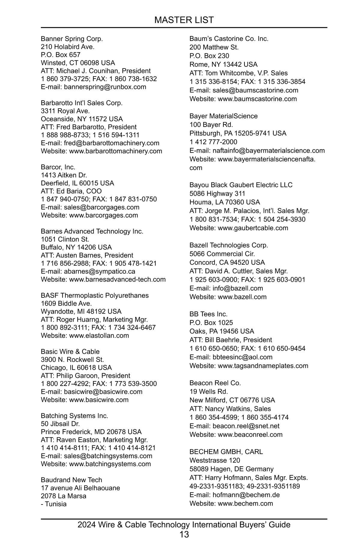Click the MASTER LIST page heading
click(184, 20)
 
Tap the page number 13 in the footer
click(184, 534)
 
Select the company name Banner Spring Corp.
click(72, 39)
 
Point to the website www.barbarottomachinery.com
click(115, 151)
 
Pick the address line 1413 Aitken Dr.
click(64, 175)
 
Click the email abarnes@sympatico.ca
click(99, 271)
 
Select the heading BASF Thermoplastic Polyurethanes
click(95, 295)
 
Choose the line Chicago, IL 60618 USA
click(76, 368)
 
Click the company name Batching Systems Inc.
click(74, 416)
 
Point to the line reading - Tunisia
click(54, 504)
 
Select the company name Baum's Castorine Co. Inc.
click(229, 39)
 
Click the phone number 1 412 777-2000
click(213, 142)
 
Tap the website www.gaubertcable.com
click(253, 228)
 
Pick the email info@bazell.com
click(238, 288)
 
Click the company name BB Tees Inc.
click(208, 314)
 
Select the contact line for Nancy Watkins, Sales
click(230, 409)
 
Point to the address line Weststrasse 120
click(215, 460)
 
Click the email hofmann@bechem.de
click(246, 495)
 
